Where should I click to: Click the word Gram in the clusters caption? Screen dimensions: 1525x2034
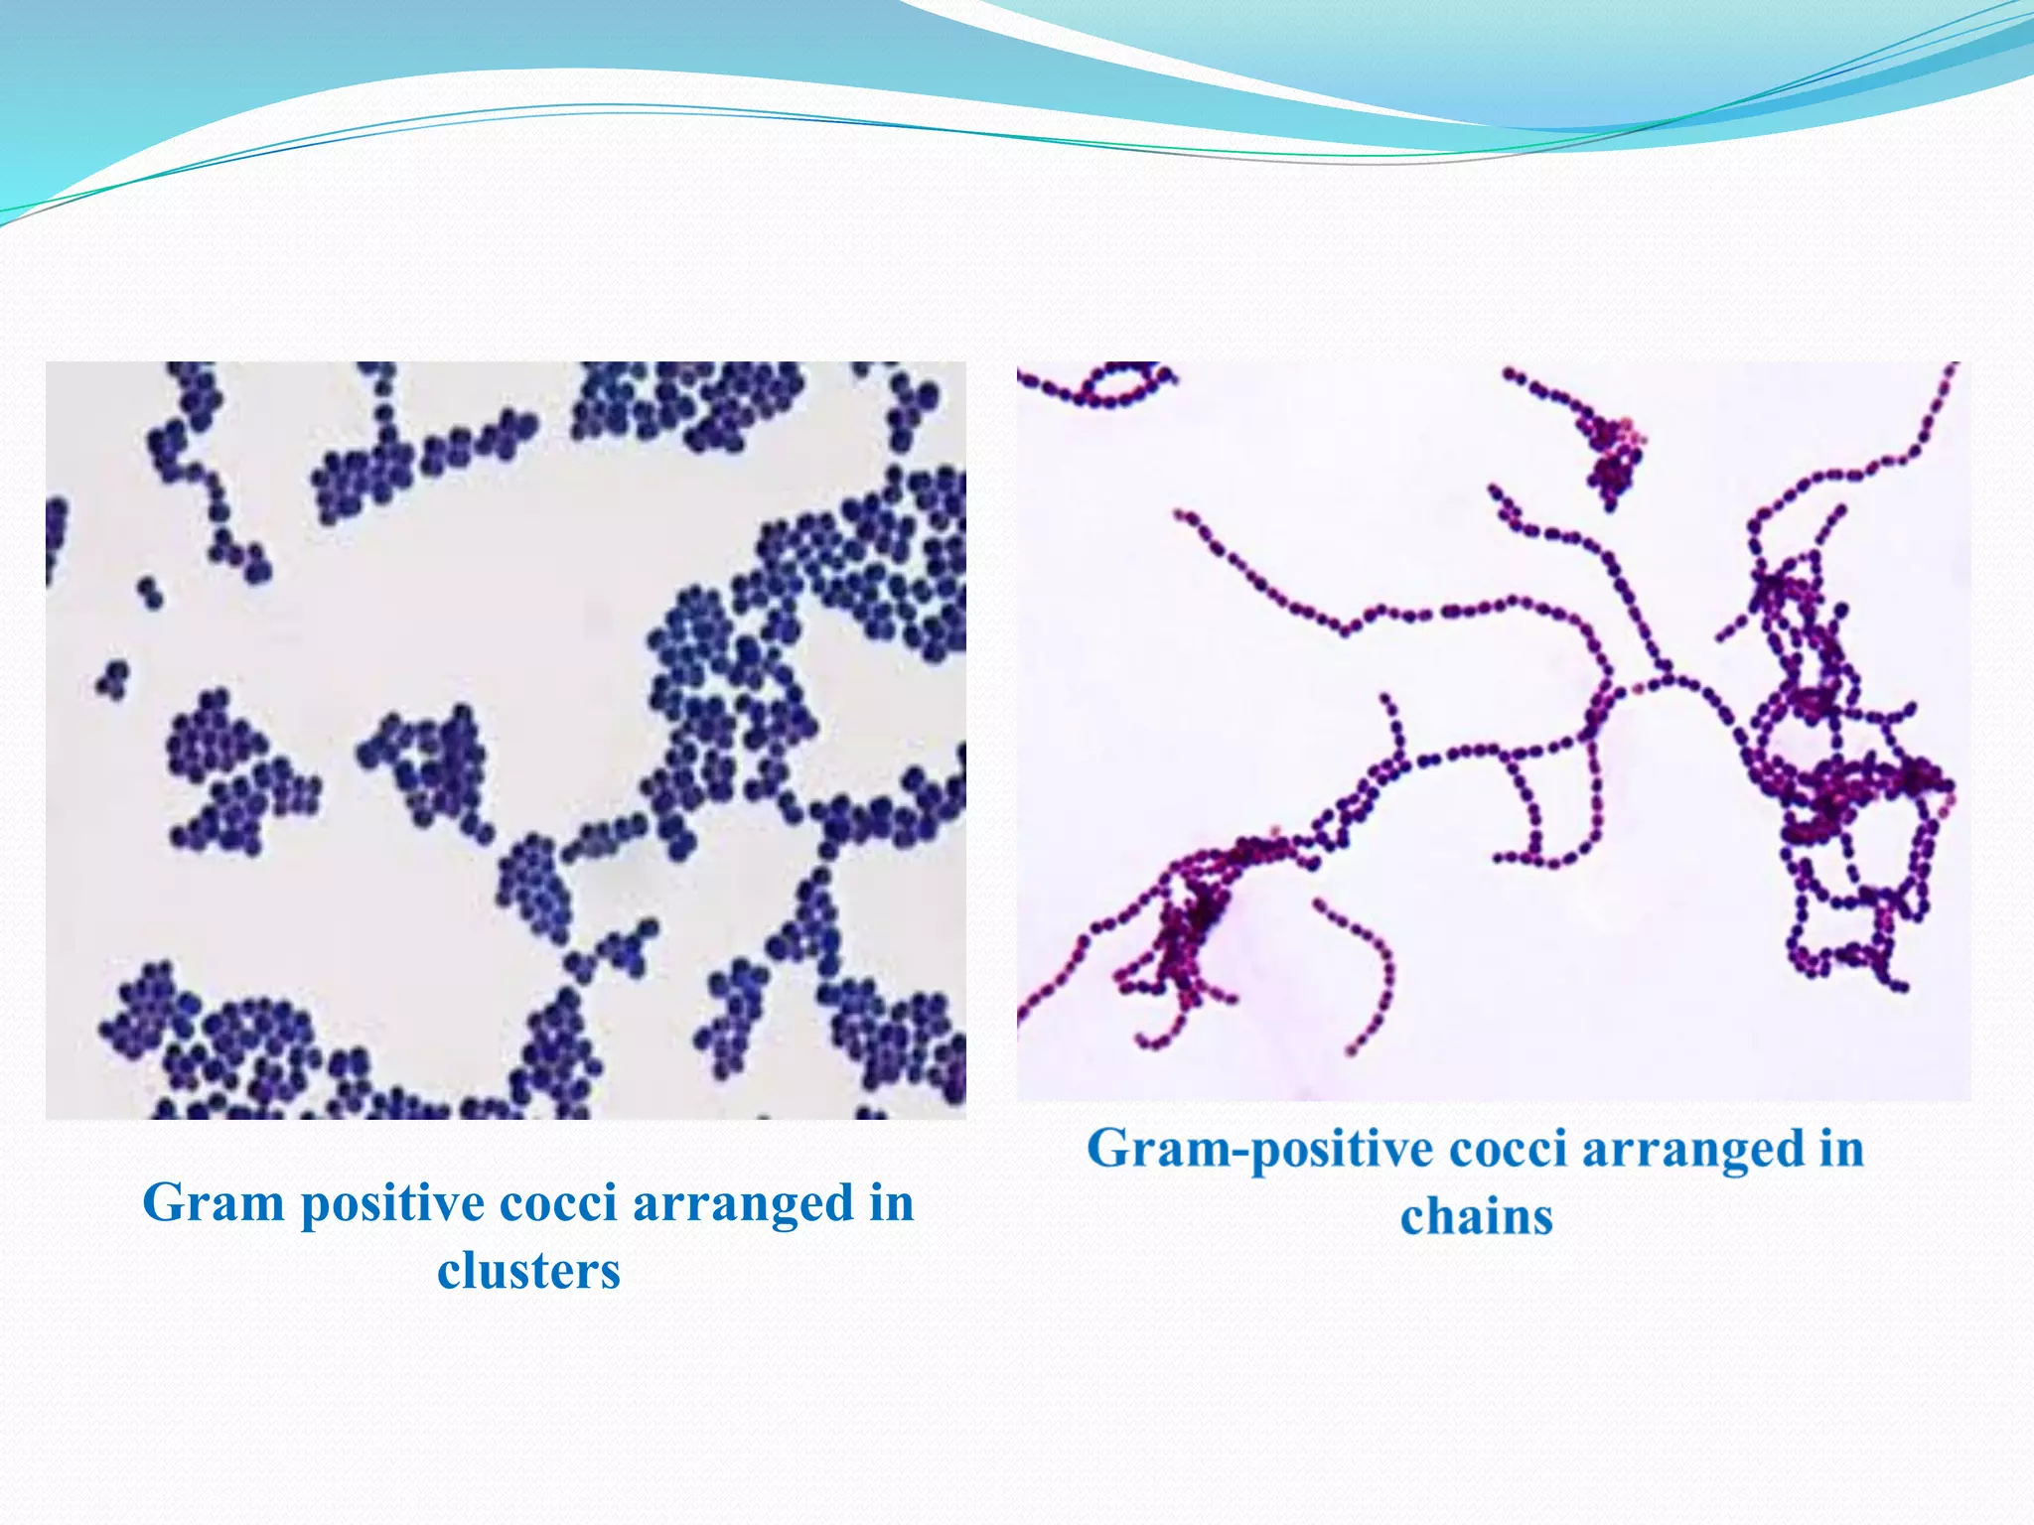point(214,1204)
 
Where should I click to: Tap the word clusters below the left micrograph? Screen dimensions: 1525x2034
point(528,1271)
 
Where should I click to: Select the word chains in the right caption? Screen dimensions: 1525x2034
point(1476,1217)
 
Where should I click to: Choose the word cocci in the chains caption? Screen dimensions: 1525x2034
point(1508,1150)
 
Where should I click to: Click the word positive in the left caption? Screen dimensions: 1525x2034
point(391,1204)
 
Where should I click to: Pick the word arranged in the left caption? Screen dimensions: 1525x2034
point(743,1204)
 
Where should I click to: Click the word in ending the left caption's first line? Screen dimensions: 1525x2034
point(891,1204)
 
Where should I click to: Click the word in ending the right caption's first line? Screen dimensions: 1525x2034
point(1841,1150)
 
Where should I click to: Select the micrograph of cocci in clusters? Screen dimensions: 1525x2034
point(506,740)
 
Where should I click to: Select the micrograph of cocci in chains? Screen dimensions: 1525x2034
point(1493,730)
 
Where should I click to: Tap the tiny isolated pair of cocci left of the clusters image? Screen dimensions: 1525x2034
point(150,592)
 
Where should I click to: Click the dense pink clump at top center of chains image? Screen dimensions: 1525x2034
point(1614,457)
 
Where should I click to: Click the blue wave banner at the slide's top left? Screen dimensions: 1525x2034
point(149,89)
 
